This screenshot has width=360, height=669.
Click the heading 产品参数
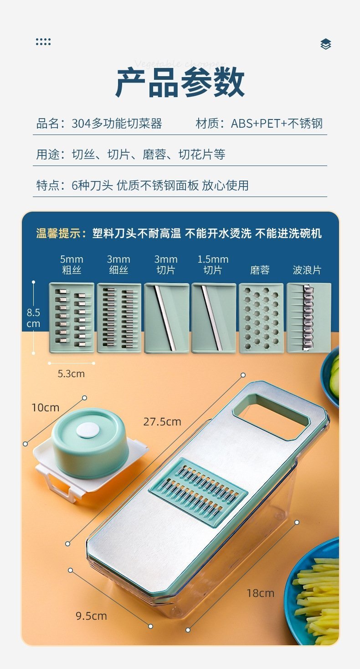[x=180, y=82]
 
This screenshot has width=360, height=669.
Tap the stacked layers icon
[x=326, y=44]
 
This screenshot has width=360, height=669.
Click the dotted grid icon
[x=43, y=42]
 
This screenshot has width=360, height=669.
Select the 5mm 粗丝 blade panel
[x=72, y=318]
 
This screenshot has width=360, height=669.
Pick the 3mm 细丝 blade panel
[x=119, y=318]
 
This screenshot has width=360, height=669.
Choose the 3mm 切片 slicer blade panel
[x=167, y=318]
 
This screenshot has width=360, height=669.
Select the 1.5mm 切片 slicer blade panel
[x=214, y=318]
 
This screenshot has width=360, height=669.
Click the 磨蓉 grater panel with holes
[x=261, y=318]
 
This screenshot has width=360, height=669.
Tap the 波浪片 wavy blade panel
[x=309, y=318]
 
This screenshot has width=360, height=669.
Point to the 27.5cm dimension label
[x=162, y=422]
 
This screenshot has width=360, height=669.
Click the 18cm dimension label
[x=260, y=593]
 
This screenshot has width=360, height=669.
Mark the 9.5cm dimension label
[x=91, y=616]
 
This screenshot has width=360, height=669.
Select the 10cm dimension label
[x=46, y=407]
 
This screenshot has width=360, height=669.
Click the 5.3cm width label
[x=71, y=373]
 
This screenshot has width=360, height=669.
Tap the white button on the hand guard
[x=88, y=431]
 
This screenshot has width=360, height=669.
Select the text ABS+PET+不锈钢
[x=277, y=123]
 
